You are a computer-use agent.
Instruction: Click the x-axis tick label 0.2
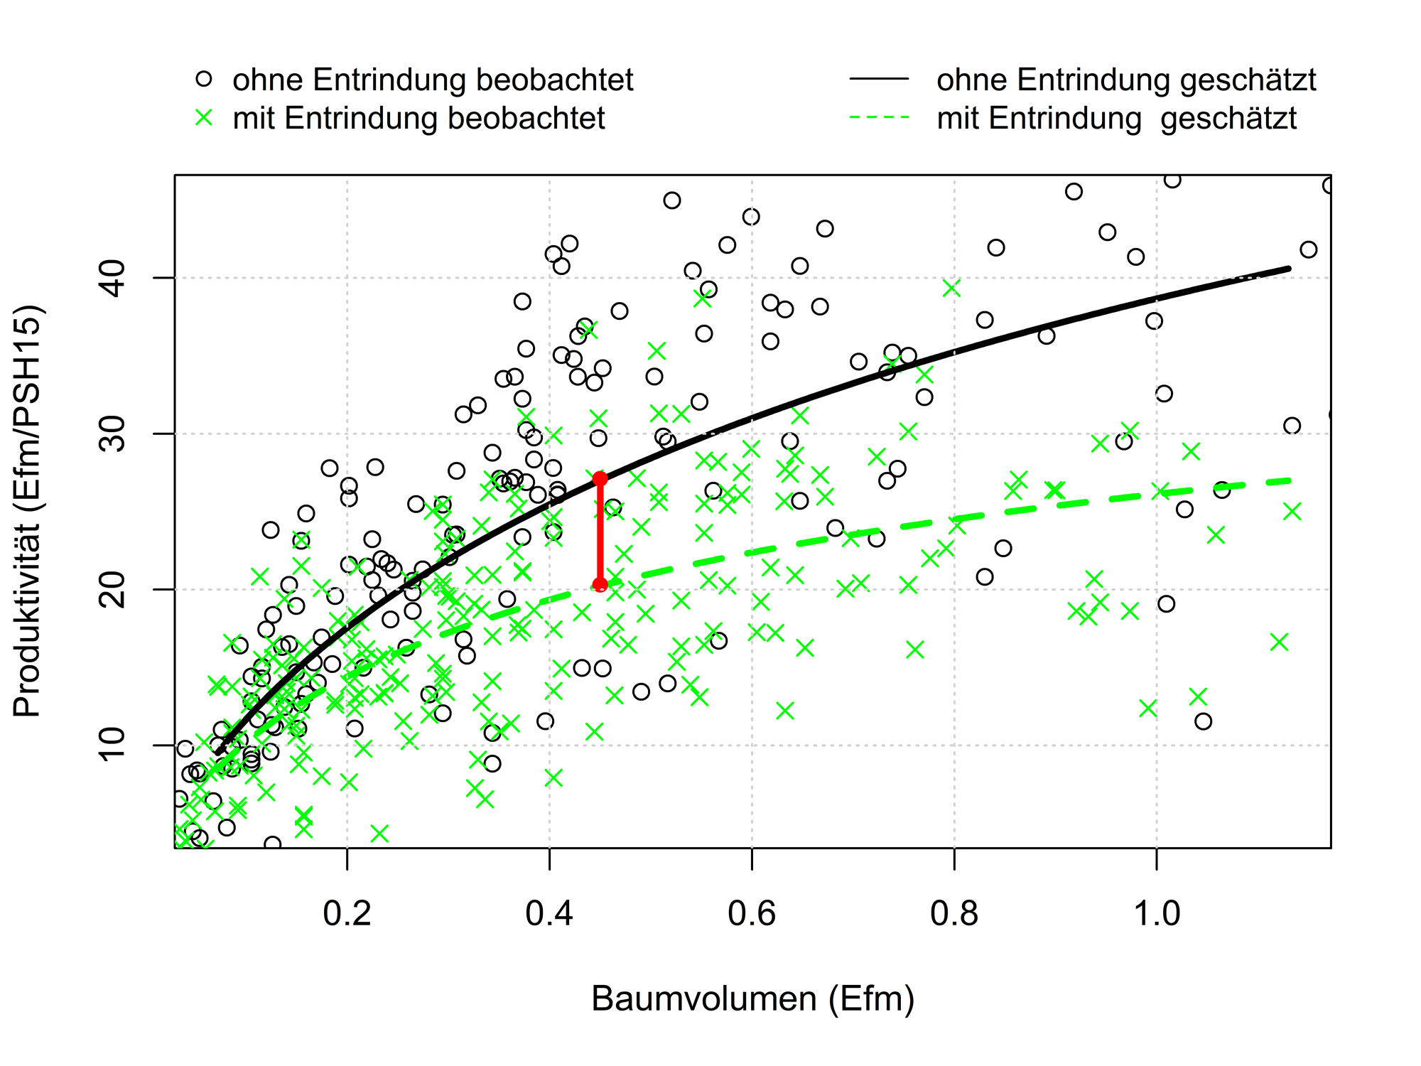(347, 914)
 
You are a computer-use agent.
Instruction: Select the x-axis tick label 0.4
(549, 914)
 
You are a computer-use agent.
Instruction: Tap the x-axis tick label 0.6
(752, 914)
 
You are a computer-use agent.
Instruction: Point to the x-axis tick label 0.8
(954, 914)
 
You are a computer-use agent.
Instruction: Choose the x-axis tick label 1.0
(1157, 914)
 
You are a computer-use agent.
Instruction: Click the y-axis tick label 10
(112, 745)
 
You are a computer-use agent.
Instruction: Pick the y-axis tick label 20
(112, 589)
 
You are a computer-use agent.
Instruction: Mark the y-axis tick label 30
(112, 434)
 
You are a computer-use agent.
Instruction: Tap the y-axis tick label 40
(112, 278)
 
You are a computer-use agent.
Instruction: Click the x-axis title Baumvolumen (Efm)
(752, 999)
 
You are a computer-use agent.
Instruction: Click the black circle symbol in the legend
(204, 79)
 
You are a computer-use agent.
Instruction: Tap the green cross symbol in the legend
(204, 117)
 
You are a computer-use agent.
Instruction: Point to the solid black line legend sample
(879, 79)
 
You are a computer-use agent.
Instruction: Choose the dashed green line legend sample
(879, 117)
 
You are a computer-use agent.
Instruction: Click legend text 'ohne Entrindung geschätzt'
(1126, 80)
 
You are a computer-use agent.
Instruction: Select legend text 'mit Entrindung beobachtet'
(418, 118)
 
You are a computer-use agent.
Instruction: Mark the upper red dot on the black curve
(600, 478)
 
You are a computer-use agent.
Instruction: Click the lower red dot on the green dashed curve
(600, 585)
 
